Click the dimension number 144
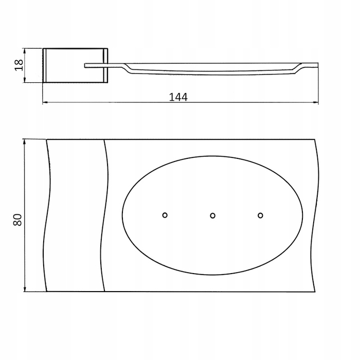tap(178, 97)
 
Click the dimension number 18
tap(19, 65)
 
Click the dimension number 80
tap(17, 220)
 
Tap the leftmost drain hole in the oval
tap(165, 215)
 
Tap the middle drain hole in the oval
tap(212, 215)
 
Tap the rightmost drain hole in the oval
tap(260, 215)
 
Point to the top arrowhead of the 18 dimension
tap(25, 51)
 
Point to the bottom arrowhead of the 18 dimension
tap(25, 80)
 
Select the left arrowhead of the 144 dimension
tap(46, 102)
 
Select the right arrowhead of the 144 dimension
tap(315, 103)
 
